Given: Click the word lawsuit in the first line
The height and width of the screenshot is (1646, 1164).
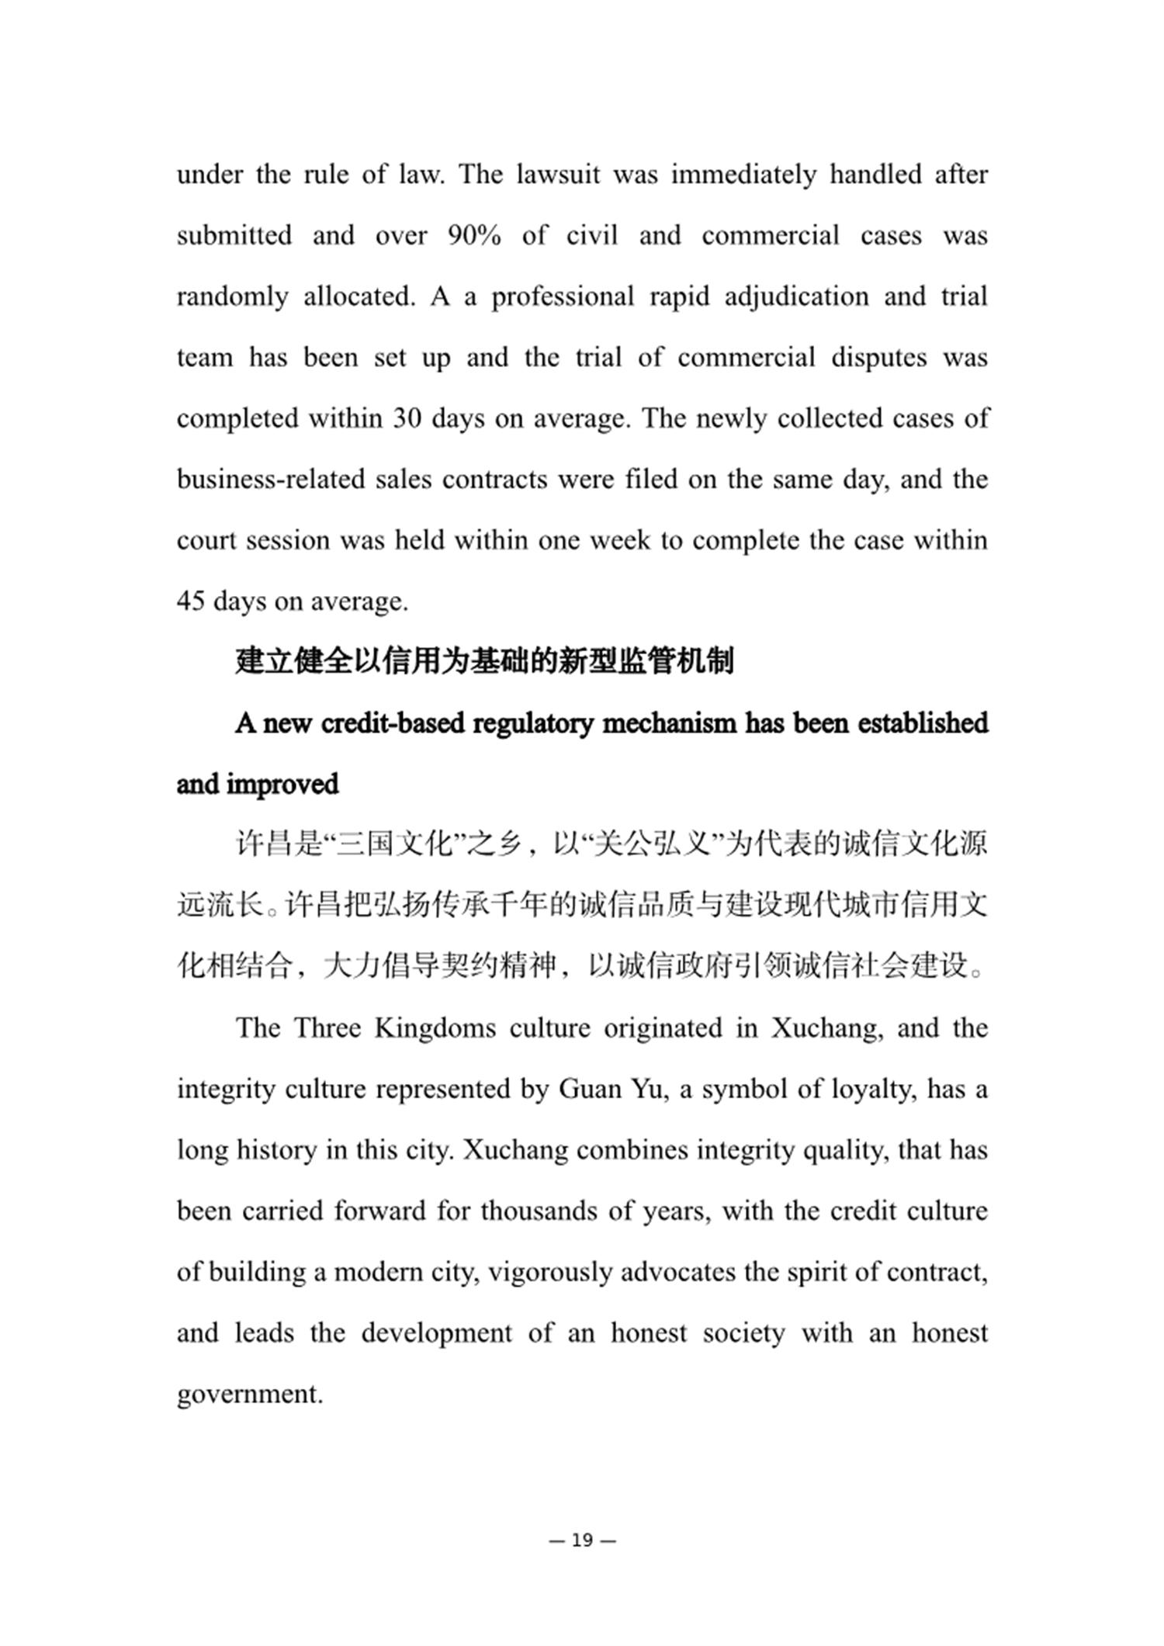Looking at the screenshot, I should (559, 175).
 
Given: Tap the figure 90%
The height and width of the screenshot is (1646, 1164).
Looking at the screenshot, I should (474, 236).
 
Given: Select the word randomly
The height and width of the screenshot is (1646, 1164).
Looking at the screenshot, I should (232, 297).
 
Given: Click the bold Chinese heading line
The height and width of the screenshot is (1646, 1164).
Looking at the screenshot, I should (485, 662).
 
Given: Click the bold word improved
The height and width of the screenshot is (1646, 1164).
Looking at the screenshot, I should (282, 785).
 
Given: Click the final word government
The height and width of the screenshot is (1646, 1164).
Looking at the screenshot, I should (250, 1395).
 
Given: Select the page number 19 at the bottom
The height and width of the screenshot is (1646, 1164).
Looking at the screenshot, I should (582, 1540).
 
